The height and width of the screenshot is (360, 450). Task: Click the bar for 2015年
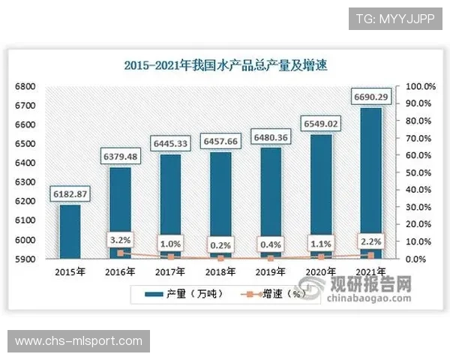click(70, 231)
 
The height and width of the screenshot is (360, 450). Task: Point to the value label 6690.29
click(372, 97)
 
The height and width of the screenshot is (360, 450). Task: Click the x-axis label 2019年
click(271, 271)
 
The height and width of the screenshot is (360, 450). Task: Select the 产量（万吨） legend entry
click(176, 294)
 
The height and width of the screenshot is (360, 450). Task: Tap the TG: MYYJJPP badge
click(395, 17)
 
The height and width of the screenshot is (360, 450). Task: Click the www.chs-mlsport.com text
click(79, 341)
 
